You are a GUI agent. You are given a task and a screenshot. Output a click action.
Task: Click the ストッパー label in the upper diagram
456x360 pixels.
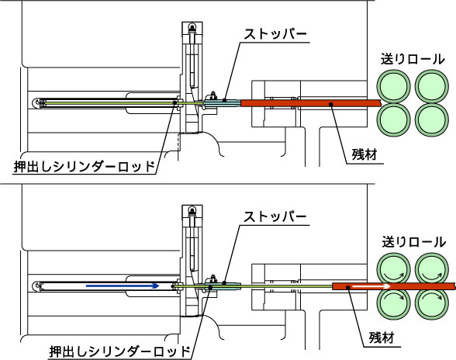pyautogui.click(x=275, y=34)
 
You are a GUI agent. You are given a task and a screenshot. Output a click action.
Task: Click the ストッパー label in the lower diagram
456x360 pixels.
pyautogui.click(x=275, y=216)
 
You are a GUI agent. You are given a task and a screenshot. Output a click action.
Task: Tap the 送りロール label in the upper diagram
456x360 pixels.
pyautogui.click(x=413, y=60)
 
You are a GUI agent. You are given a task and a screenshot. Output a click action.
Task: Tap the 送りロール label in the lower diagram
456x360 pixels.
pyautogui.click(x=413, y=242)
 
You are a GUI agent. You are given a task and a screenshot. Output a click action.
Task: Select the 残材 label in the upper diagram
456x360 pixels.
pyautogui.click(x=364, y=154)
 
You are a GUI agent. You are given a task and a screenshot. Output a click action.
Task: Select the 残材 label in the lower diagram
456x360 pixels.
pyautogui.click(x=382, y=337)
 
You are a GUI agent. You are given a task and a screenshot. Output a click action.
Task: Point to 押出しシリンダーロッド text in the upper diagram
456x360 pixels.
pyautogui.click(x=84, y=167)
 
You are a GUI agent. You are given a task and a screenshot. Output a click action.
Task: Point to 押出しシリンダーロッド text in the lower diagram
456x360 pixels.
pyautogui.click(x=119, y=351)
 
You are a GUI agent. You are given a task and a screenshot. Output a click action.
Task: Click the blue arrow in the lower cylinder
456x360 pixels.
pyautogui.click(x=123, y=286)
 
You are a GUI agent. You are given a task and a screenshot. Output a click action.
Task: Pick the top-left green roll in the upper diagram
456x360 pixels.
pyautogui.click(x=393, y=86)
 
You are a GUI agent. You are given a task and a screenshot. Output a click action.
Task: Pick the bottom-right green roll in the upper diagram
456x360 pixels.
pyautogui.click(x=432, y=119)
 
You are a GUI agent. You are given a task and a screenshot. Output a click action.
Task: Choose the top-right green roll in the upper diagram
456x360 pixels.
pyautogui.click(x=432, y=86)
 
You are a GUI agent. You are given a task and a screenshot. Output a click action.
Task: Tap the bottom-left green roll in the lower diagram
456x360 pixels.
pyautogui.click(x=393, y=303)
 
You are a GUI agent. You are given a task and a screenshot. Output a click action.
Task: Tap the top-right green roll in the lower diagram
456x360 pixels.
pyautogui.click(x=432, y=269)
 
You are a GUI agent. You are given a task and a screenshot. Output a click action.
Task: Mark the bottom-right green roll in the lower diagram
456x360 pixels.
pyautogui.click(x=432, y=303)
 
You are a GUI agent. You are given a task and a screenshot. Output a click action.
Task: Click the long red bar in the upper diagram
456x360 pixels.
pyautogui.click(x=310, y=102)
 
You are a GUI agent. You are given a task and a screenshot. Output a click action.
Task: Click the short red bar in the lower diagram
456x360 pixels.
pyautogui.click(x=394, y=286)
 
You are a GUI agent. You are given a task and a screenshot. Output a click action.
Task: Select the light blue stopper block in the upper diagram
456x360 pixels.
pyautogui.click(x=223, y=102)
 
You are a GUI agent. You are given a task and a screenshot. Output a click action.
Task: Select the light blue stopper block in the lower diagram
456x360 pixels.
pyautogui.click(x=223, y=286)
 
